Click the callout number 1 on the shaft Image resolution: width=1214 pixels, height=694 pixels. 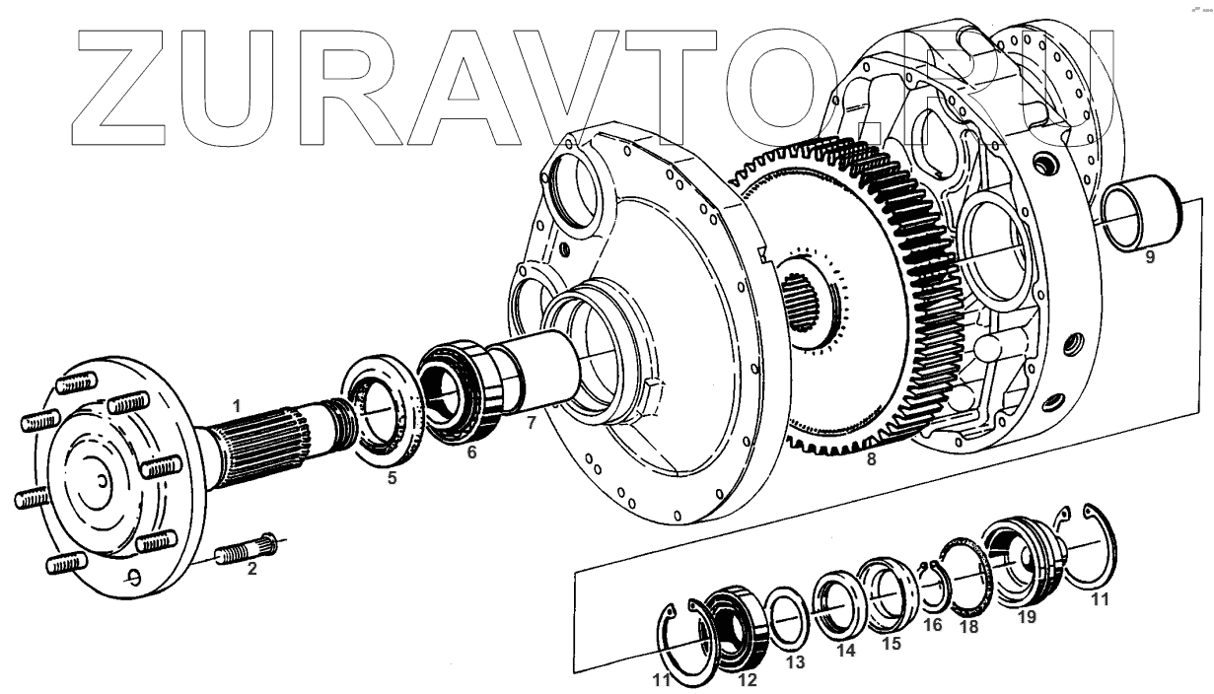[x=236, y=404]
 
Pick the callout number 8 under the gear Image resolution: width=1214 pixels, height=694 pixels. [x=870, y=458]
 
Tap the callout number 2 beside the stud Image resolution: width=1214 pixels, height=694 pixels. [x=251, y=569]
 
